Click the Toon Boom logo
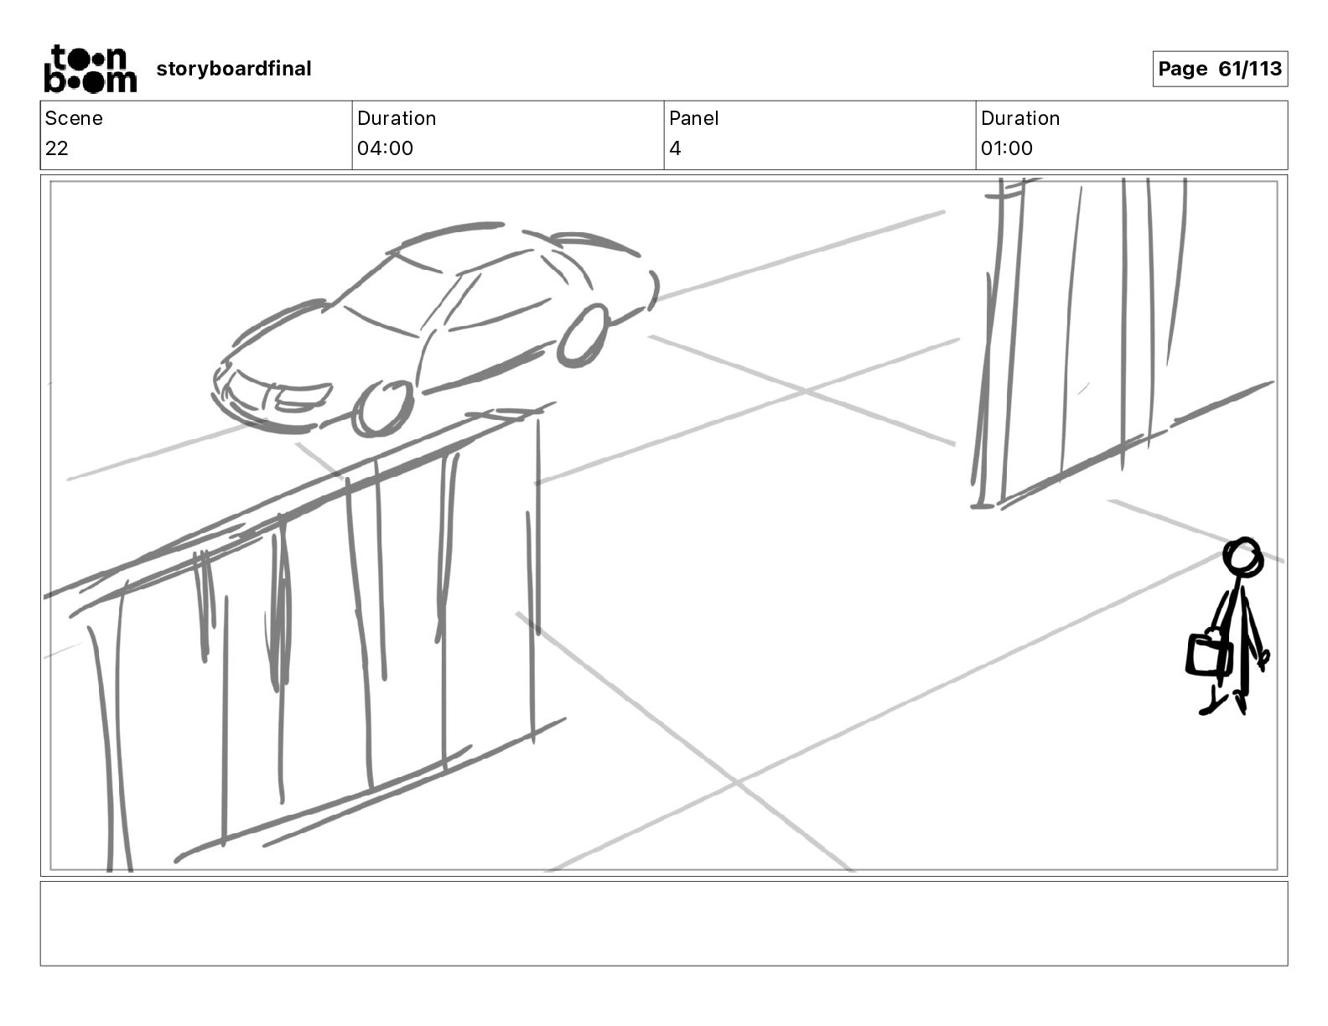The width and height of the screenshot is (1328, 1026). [90, 69]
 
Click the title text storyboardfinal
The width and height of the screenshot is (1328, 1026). [234, 69]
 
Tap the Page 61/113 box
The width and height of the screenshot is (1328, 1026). [1220, 69]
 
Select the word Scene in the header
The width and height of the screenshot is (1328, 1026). [74, 118]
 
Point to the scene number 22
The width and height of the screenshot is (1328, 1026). [57, 148]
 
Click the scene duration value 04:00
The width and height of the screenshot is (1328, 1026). [385, 148]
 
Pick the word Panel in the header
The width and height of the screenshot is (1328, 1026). [693, 118]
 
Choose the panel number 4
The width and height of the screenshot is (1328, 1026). [675, 148]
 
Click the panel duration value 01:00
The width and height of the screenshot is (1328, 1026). [1006, 148]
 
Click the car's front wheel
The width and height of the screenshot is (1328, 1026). [383, 408]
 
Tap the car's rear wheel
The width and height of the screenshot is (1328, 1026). [584, 334]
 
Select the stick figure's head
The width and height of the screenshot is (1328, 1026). [1242, 556]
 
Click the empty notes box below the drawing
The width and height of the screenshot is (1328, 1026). [663, 923]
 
